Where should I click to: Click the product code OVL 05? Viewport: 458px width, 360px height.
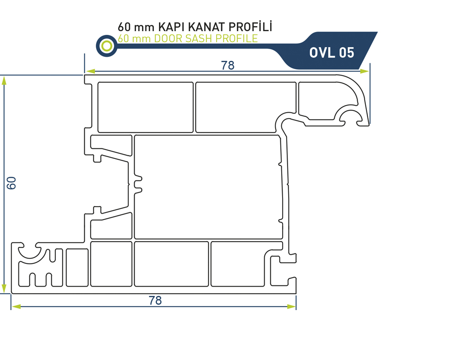tap(332, 53)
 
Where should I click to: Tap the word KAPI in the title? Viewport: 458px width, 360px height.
tap(170, 27)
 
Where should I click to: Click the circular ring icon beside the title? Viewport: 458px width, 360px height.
tap(107, 46)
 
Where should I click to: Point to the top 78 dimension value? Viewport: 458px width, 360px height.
tap(228, 65)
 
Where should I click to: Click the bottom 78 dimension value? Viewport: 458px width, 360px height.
tap(155, 300)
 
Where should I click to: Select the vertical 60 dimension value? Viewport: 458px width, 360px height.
tap(11, 183)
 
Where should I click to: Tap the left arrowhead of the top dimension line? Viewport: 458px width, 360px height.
tap(90, 71)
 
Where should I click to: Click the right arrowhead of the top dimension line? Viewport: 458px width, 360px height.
tap(365, 71)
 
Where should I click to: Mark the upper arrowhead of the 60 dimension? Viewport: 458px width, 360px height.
tap(4, 81)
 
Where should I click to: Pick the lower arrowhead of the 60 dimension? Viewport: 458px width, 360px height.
tap(4, 289)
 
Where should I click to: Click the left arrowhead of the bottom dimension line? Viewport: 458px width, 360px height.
tap(16, 306)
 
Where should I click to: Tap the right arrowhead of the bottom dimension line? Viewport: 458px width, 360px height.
tap(291, 306)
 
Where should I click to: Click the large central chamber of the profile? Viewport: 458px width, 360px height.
tap(208, 187)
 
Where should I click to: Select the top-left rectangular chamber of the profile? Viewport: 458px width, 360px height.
tap(145, 108)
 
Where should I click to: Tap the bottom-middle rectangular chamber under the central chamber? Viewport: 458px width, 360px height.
tap(171, 264)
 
